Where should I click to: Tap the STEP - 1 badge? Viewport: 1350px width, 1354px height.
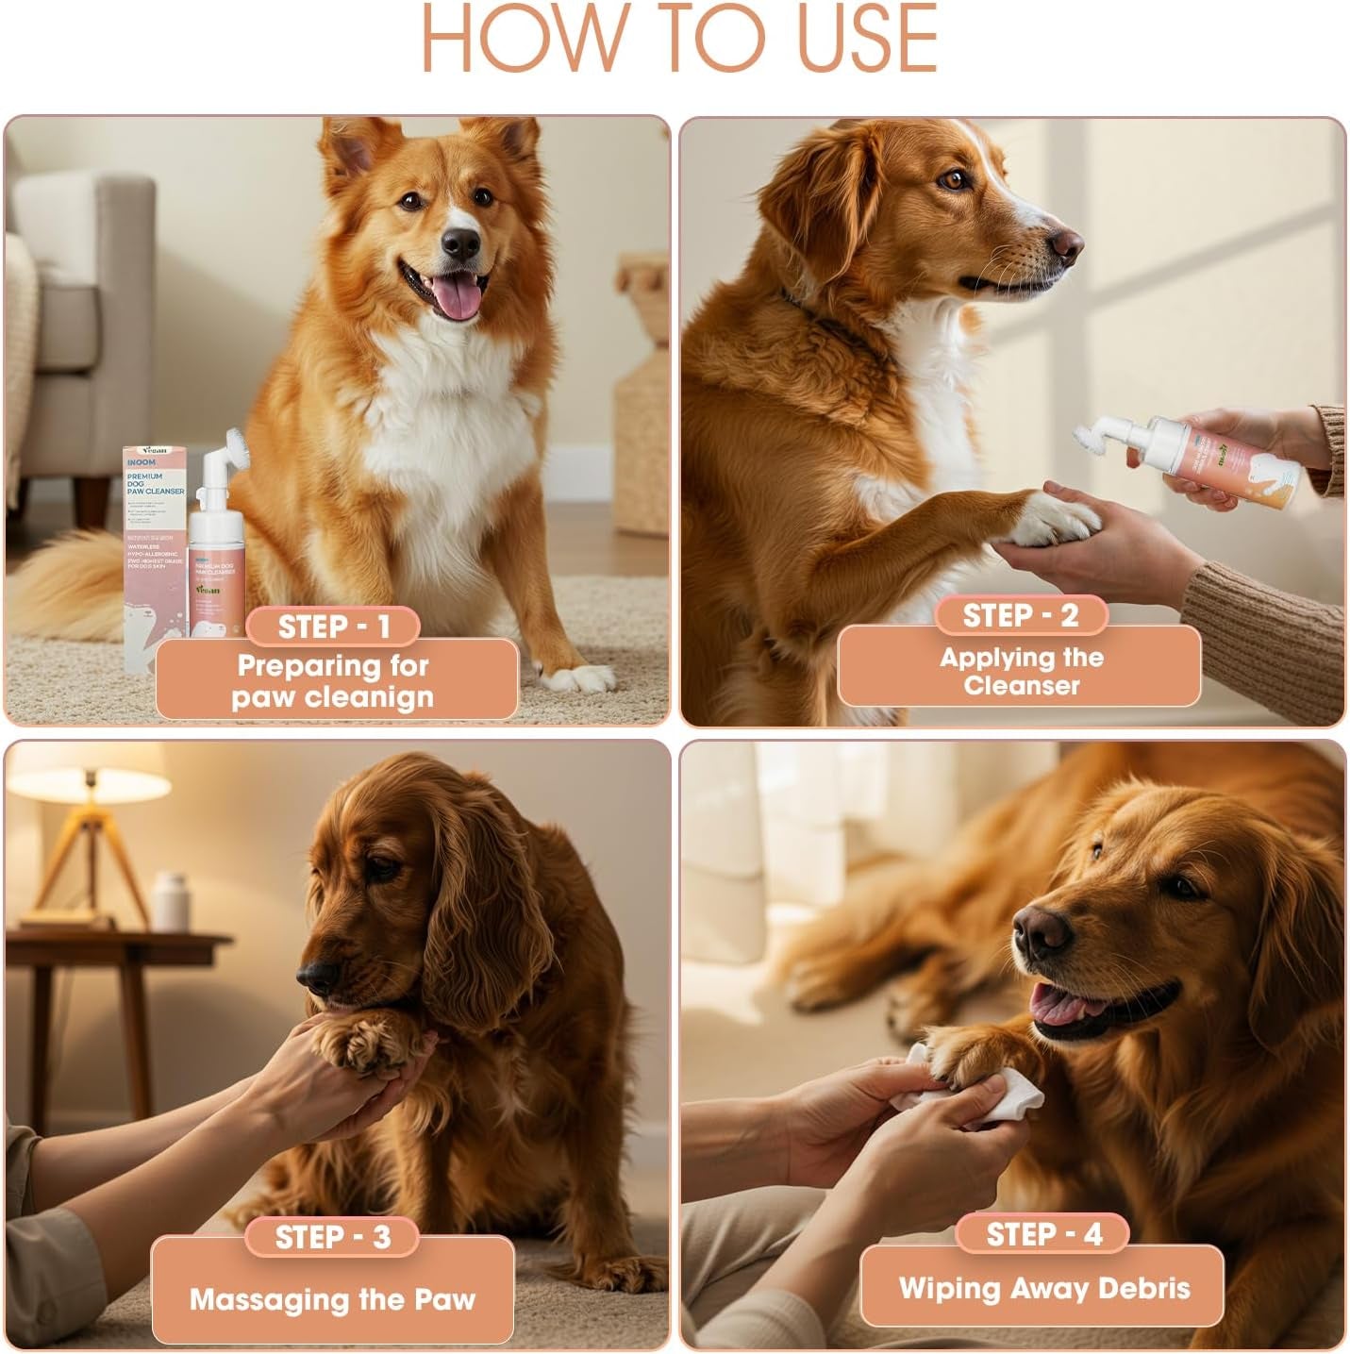coord(333,627)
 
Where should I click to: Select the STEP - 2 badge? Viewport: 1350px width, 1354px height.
coord(1020,615)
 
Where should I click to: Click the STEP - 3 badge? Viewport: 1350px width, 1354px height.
coord(332,1237)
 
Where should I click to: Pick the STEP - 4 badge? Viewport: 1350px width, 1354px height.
coord(1043,1234)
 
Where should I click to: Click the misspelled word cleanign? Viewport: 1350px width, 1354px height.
coord(382,698)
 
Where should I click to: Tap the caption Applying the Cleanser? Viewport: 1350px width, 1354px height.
coord(1020,671)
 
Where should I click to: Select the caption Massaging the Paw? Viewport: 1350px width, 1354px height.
coord(332,1299)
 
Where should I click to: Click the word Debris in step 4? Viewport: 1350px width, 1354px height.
coord(1145,1288)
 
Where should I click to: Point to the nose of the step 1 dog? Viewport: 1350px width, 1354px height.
coord(460,244)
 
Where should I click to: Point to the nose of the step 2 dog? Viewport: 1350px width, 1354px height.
coord(1067,244)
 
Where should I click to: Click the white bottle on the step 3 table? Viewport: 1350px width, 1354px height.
coord(169,901)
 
